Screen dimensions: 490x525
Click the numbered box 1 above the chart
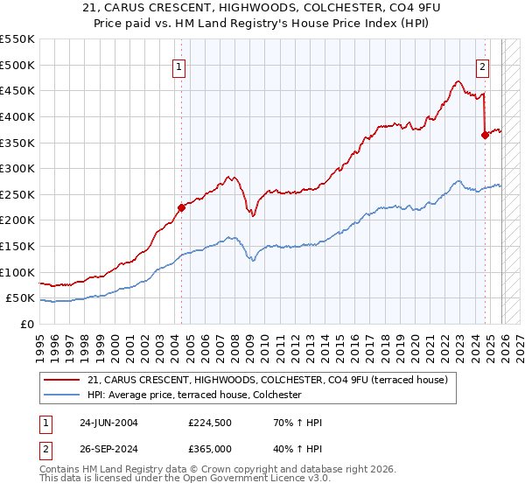coord(178,66)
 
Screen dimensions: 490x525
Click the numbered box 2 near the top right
coord(482,66)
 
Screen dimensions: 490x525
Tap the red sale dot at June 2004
coord(182,207)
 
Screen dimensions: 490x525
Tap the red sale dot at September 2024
coord(484,135)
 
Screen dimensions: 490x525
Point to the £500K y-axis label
coord(17,65)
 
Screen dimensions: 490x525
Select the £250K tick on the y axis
coord(17,194)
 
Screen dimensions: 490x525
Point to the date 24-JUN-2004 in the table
coord(108,423)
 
